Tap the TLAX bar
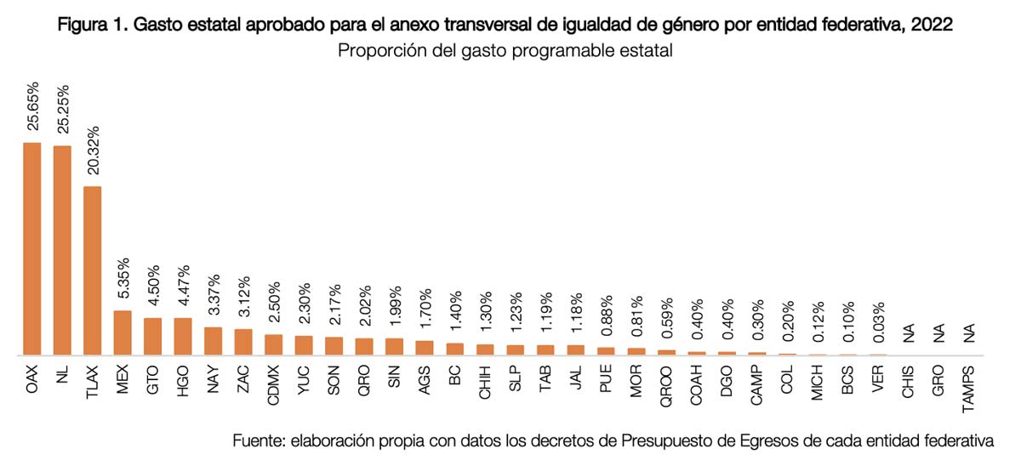point(93,270)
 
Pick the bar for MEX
point(123,332)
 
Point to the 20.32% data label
point(93,152)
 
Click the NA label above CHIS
point(908,334)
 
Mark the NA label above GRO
point(938,334)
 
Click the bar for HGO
point(183,336)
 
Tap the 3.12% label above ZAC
point(243,298)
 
